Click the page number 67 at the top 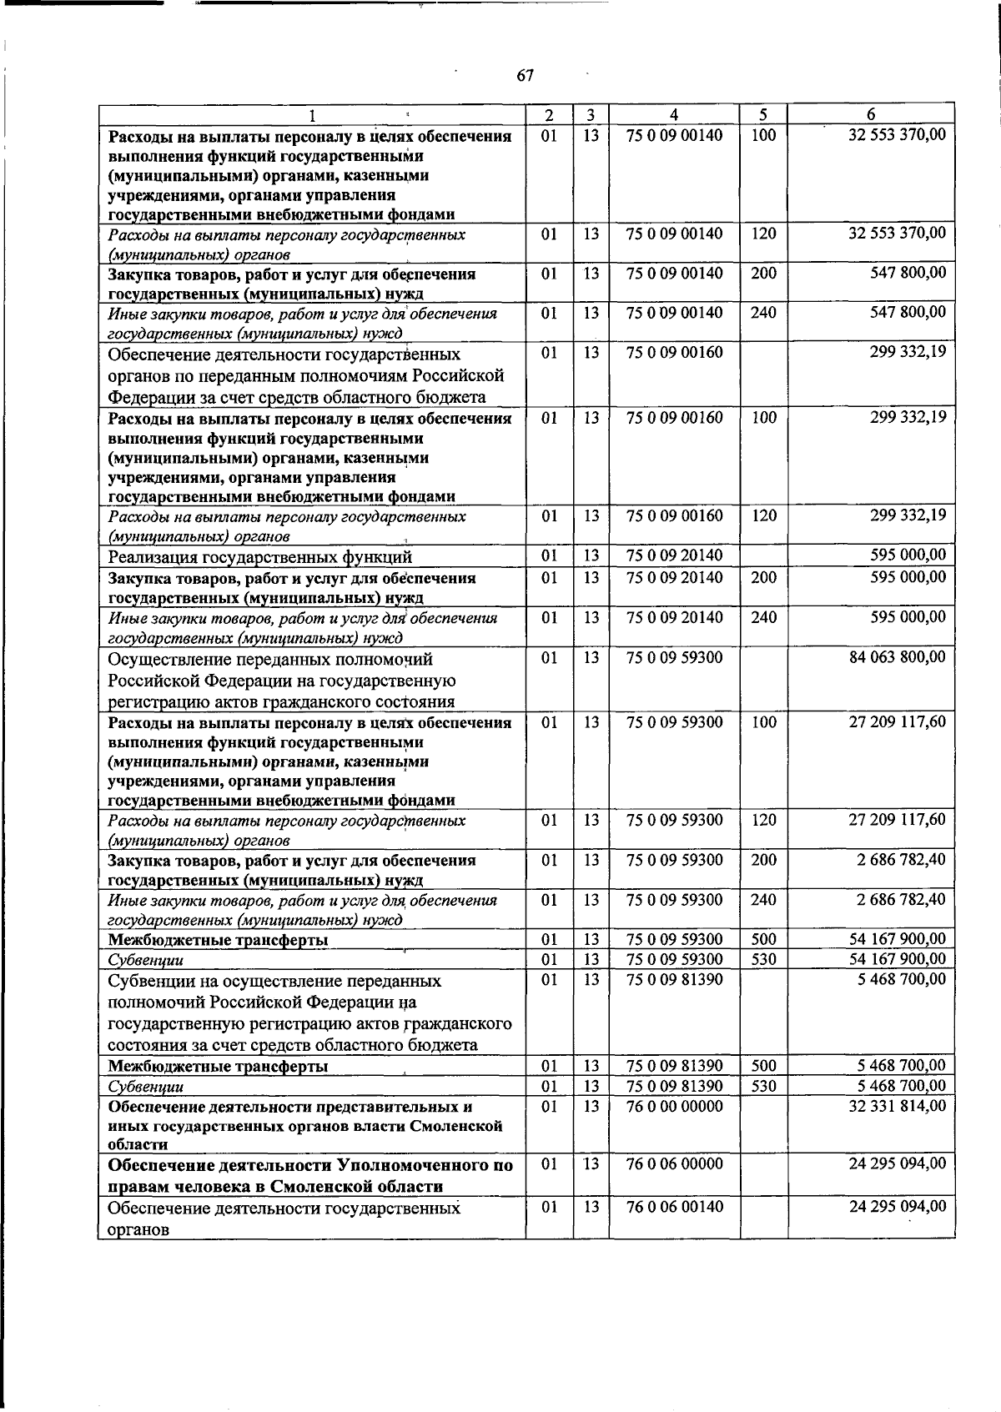coord(525,76)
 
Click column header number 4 coord(673,115)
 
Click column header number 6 coord(871,115)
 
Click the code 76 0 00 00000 coord(675,1106)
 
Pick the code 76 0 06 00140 coord(675,1206)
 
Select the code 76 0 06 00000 coord(675,1163)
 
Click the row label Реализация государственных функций coord(260,557)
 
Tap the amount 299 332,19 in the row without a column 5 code coord(908,352)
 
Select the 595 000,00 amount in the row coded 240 coord(908,617)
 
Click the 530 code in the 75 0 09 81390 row coord(763,1086)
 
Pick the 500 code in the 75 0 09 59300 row coord(763,940)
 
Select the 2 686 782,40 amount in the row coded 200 coord(902,860)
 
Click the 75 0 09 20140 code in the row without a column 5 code coord(675,555)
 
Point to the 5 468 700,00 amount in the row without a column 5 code coord(902,979)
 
